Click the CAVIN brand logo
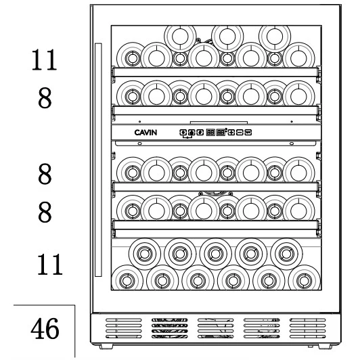(x=145, y=133)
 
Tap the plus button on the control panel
(x=231, y=133)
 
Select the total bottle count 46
(x=45, y=329)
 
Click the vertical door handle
(x=98, y=160)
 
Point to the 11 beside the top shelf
(x=44, y=60)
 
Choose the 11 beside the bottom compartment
(x=49, y=265)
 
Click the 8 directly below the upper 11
(x=45, y=98)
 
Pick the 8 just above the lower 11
(x=45, y=212)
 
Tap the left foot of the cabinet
(x=106, y=346)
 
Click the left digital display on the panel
(x=210, y=133)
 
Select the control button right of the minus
(x=248, y=133)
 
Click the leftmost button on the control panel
(x=183, y=133)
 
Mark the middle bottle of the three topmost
(x=227, y=37)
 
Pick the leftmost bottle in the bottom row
(x=127, y=280)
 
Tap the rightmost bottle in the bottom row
(x=304, y=280)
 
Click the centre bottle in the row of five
(x=215, y=254)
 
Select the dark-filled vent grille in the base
(x=169, y=328)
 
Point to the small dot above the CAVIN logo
(x=140, y=121)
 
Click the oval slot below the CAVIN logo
(x=139, y=143)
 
